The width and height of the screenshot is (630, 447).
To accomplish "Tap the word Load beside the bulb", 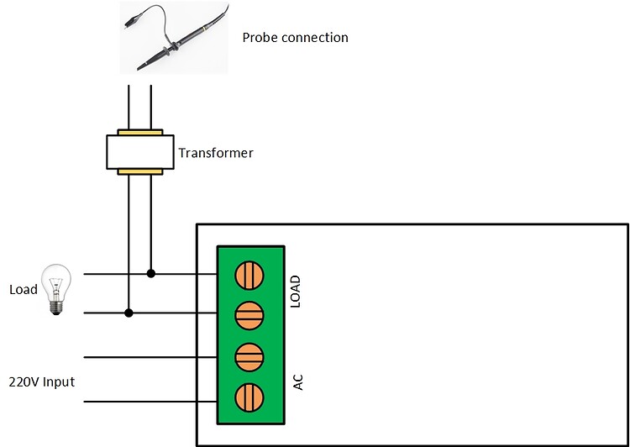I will click(x=23, y=290).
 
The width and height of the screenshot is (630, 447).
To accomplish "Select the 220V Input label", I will click(x=41, y=382).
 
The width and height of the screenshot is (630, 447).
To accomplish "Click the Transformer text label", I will click(x=216, y=153).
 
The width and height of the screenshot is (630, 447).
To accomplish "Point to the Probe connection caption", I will click(x=295, y=38).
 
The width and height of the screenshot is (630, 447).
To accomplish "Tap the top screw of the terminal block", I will click(x=250, y=275).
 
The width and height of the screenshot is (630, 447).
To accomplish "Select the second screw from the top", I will click(x=250, y=314).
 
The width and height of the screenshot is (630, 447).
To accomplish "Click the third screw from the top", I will click(x=250, y=355).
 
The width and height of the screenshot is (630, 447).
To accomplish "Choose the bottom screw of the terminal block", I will click(x=250, y=395).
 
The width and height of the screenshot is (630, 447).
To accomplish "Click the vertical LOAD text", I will click(x=296, y=292).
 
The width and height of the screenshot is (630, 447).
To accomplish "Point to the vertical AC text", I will click(x=297, y=381).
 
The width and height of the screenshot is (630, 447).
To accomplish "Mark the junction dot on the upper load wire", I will click(x=151, y=273).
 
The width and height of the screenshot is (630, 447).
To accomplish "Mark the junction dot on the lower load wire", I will click(x=129, y=313).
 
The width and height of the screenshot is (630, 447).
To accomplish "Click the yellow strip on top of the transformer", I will click(x=139, y=132).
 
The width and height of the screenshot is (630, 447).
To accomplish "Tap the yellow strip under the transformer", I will click(x=139, y=171).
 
